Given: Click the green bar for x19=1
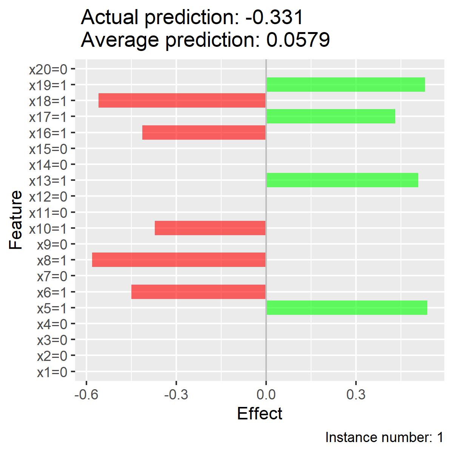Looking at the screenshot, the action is [345, 85].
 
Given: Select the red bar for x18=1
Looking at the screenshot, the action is [182, 100].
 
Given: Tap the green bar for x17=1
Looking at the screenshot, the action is [331, 116].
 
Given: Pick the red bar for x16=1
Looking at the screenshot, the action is [204, 133].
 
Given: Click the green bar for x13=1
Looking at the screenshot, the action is [342, 180].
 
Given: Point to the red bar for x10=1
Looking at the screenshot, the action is [210, 228].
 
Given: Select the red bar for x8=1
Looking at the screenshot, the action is [179, 259].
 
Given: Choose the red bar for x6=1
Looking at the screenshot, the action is [199, 291].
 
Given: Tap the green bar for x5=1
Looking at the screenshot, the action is [347, 308].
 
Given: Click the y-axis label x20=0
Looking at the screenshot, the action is [48, 69].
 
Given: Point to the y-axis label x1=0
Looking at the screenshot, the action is [52, 372].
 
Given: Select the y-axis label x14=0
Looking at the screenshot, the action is [48, 165].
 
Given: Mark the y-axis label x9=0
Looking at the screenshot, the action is [52, 245].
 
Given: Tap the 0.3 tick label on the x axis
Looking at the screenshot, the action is [356, 394].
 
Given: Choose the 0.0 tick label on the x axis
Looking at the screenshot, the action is [266, 394].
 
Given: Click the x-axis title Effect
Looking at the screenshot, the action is [259, 413].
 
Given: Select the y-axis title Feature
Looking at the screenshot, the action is [15, 220].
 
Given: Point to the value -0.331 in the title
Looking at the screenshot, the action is [274, 17].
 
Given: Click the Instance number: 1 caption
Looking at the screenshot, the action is [384, 437].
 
